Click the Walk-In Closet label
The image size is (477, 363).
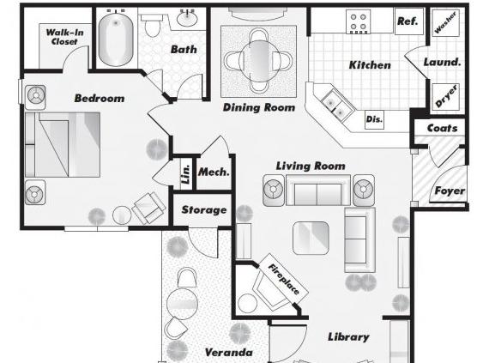point(64,37)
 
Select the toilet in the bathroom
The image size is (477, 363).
point(152,26)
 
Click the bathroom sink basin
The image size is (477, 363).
point(187,19)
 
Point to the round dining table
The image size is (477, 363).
point(259,61)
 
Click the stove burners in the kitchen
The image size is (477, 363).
point(358,22)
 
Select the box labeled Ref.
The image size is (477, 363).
point(409,21)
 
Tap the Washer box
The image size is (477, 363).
point(445,23)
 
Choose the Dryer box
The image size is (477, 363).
point(445,97)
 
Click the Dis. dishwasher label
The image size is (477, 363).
point(374,119)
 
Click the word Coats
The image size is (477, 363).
point(442,128)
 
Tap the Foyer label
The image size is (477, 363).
point(450,191)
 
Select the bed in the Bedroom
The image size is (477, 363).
point(63,145)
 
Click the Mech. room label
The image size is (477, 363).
point(214,172)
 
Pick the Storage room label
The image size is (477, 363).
point(204,209)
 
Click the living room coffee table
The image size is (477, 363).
point(311,238)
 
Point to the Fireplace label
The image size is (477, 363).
point(284,279)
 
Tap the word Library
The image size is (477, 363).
point(348,337)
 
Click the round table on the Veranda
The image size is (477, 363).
point(182,304)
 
